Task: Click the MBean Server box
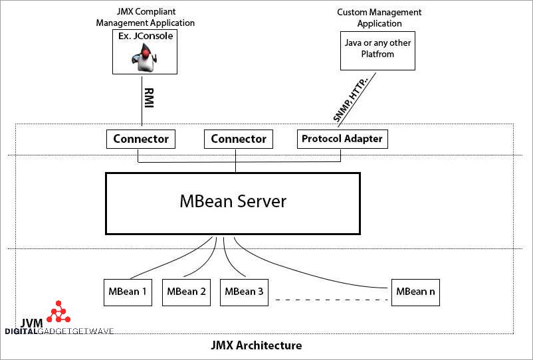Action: click(233, 203)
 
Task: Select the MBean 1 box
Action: click(128, 292)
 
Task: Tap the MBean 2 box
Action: click(186, 292)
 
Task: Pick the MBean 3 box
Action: click(244, 292)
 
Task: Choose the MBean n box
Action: click(415, 292)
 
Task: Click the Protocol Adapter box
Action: click(342, 139)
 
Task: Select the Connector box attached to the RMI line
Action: click(141, 139)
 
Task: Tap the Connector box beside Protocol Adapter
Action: click(238, 139)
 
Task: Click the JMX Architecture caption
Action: click(256, 345)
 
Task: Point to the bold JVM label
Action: click(31, 323)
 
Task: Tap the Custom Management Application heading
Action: click(379, 18)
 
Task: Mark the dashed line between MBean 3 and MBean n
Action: click(330, 300)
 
